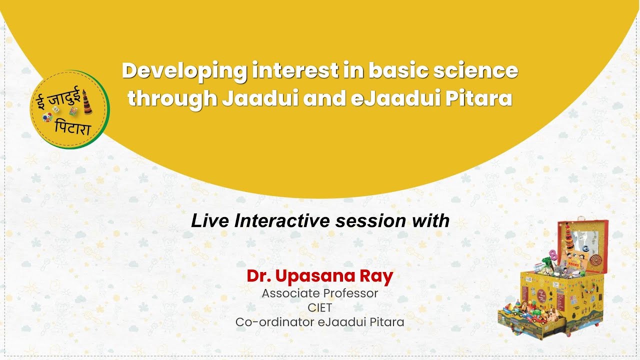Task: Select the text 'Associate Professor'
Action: [320, 293]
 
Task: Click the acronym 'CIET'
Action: [320, 307]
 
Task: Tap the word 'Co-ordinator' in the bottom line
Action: [274, 322]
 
